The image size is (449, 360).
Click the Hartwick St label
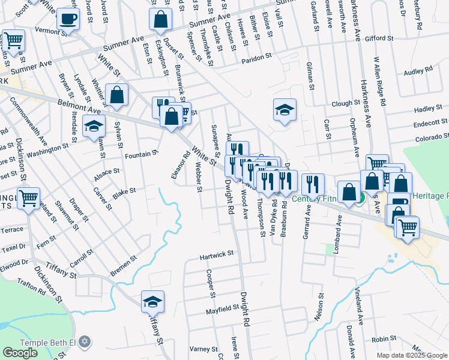[217, 255]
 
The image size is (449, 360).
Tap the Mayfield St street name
[223, 309]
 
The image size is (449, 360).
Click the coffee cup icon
[68, 19]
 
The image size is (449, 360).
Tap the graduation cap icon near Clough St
[285, 110]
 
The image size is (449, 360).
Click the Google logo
[20, 353]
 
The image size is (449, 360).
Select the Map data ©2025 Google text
[411, 355]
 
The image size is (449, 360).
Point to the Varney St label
[203, 349]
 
